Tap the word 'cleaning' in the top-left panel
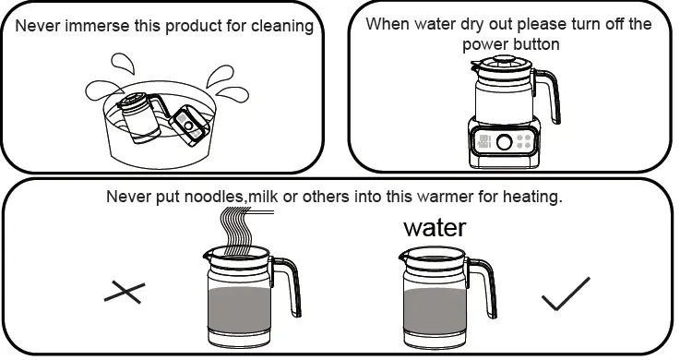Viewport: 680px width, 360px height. (281, 26)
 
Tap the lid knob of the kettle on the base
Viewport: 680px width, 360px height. (503, 60)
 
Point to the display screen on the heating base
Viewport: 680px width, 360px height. (485, 143)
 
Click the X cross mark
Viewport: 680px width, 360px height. (125, 294)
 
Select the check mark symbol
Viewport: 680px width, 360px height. (565, 294)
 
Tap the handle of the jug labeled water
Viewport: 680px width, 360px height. (489, 285)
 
